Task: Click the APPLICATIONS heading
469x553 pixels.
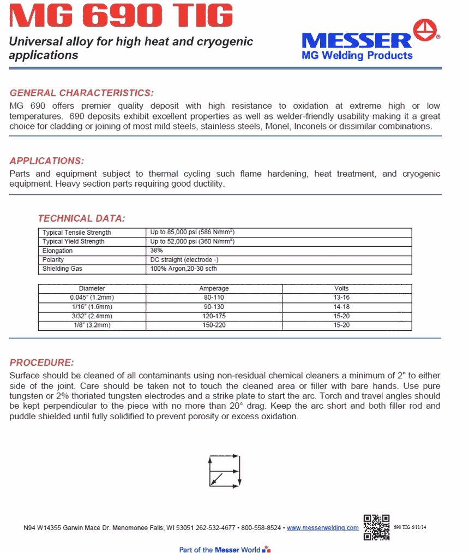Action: click(47, 160)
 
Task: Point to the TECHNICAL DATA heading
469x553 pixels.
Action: click(82, 218)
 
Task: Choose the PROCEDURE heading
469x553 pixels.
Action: click(41, 362)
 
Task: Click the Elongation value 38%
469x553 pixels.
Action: click(157, 251)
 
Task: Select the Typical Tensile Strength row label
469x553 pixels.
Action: click(76, 233)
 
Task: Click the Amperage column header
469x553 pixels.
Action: click(214, 288)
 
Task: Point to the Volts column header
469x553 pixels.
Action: click(341, 288)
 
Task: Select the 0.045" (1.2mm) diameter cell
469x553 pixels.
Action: click(92, 298)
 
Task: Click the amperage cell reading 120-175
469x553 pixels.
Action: click(214, 316)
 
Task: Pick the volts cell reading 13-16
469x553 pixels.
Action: click(341, 298)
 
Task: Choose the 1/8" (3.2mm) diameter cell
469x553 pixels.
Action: click(92, 325)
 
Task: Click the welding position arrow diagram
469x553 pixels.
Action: click(224, 469)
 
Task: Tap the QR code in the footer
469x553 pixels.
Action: click(376, 527)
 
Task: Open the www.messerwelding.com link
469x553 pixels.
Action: click(323, 528)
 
